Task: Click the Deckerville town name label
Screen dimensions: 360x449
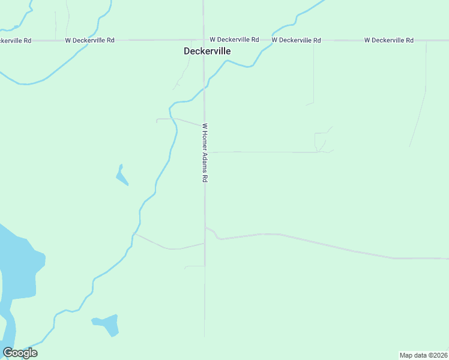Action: [x=207, y=52]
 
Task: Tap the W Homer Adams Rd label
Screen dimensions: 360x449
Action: [x=205, y=153]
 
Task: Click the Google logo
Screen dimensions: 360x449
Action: [x=20, y=353]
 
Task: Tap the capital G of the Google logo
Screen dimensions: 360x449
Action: [x=8, y=353]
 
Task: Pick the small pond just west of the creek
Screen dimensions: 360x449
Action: [x=122, y=175]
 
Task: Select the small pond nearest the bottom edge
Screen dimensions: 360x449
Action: [x=107, y=324]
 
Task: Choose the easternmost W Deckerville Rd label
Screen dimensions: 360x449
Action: [x=388, y=40]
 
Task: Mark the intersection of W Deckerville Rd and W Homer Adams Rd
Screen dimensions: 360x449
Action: [x=204, y=40]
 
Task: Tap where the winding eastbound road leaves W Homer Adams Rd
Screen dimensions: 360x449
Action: [x=205, y=227]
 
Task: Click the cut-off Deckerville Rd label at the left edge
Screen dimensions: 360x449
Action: [x=16, y=40]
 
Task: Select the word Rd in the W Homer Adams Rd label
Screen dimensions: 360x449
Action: [x=205, y=179]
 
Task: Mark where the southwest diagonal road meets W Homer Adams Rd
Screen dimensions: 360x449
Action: [x=205, y=243]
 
